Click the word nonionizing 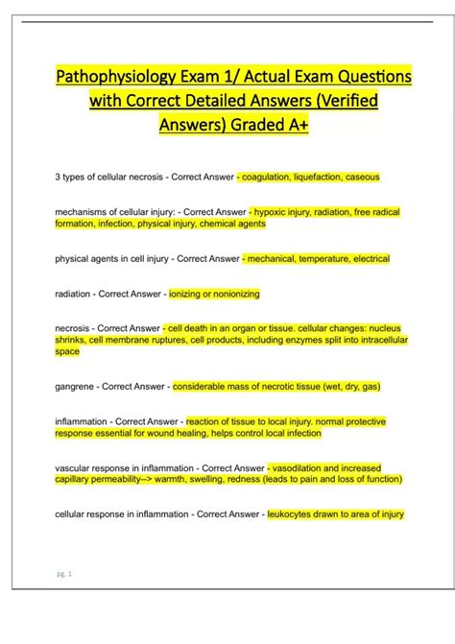point(235,293)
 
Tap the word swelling point(216,479)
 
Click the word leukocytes point(292,513)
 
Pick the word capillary point(73,479)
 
